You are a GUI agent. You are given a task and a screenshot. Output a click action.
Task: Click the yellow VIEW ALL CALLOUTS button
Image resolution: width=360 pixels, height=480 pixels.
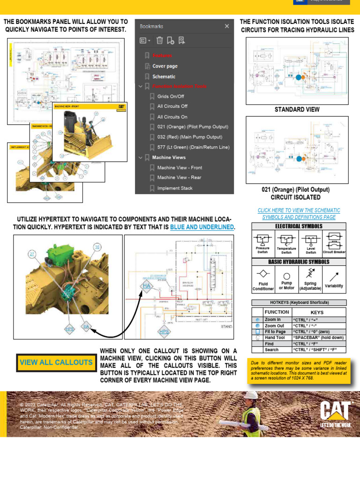pyautogui.click(x=56, y=362)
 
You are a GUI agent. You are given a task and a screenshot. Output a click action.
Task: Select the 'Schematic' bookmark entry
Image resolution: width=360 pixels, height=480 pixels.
pyautogui.click(x=164, y=76)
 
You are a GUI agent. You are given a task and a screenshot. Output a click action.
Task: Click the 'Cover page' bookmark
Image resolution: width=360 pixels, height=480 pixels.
pyautogui.click(x=165, y=66)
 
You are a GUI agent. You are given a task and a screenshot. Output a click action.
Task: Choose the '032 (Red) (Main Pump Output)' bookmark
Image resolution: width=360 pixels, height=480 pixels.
pyautogui.click(x=189, y=137)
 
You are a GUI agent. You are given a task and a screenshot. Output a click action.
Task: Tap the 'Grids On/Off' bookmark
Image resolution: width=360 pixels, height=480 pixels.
pyautogui.click(x=171, y=97)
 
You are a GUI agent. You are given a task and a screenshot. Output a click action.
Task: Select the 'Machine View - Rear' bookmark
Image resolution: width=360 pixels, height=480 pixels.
pyautogui.click(x=179, y=178)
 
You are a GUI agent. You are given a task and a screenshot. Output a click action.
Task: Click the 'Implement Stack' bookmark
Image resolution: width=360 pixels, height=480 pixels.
pyautogui.click(x=175, y=188)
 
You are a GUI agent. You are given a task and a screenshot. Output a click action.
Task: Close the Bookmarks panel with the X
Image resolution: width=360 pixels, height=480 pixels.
pyautogui.click(x=227, y=27)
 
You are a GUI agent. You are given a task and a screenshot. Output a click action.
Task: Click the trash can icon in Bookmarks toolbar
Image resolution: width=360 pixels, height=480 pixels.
pyautogui.click(x=159, y=40)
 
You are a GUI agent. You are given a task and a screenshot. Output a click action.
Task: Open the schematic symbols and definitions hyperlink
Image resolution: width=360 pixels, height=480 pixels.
pyautogui.click(x=299, y=214)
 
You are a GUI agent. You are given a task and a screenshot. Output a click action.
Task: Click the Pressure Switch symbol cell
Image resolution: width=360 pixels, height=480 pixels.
pyautogui.click(x=262, y=243)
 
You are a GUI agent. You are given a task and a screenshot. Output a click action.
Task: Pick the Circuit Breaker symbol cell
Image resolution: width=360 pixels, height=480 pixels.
pyautogui.click(x=334, y=243)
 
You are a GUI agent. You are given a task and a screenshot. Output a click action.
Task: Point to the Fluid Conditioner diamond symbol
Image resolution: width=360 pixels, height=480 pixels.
pyautogui.click(x=263, y=274)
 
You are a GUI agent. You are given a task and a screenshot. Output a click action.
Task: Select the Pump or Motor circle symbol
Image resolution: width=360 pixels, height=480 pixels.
pyautogui.click(x=287, y=276)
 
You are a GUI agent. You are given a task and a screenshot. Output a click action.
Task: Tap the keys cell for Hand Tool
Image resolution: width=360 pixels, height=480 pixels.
pyautogui.click(x=318, y=337)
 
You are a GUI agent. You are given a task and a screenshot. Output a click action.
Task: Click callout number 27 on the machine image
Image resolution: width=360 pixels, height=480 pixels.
pyautogui.click(x=32, y=254)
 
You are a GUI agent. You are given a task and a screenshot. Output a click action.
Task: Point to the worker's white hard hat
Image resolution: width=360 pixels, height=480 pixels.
pyautogui.click(x=251, y=396)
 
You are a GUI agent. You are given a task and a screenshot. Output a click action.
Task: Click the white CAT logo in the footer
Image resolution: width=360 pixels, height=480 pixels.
pyautogui.click(x=335, y=411)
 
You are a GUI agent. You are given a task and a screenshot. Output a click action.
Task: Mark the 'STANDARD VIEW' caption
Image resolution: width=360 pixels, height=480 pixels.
pyautogui.click(x=297, y=109)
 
